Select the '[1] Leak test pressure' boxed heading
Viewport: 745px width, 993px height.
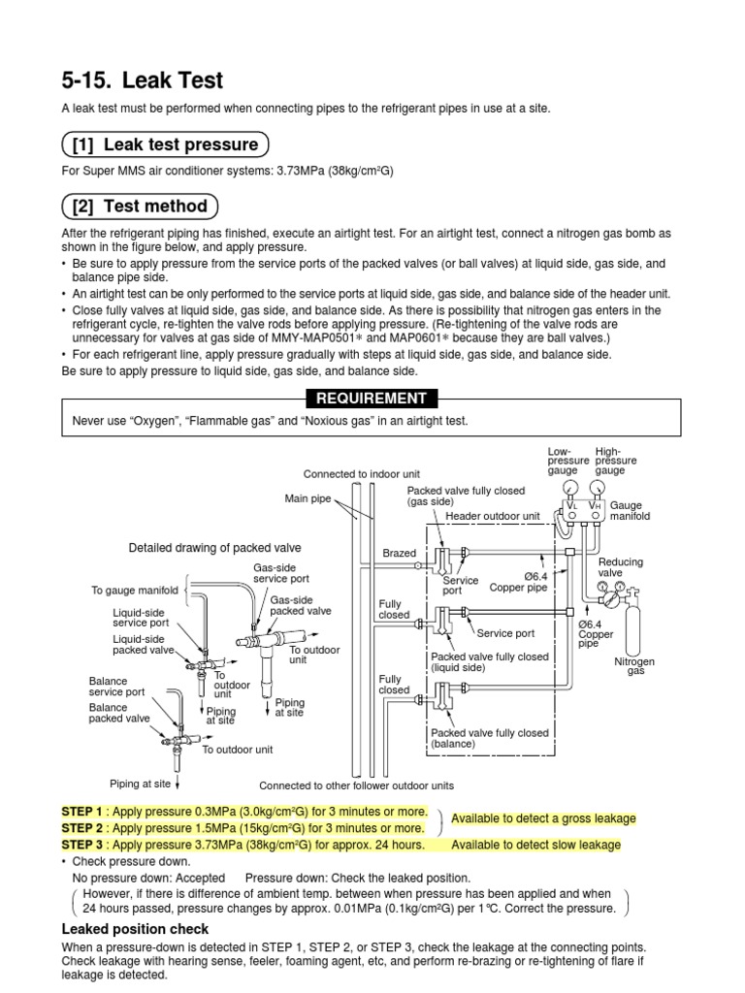[x=165, y=145]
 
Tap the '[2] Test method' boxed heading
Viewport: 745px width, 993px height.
[x=141, y=206]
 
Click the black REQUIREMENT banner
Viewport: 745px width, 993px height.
[x=372, y=398]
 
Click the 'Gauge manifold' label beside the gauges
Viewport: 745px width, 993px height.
[x=630, y=511]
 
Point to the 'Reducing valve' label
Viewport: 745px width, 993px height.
[x=620, y=567]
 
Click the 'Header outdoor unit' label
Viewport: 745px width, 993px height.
[x=492, y=517]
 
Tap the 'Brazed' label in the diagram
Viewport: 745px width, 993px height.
[x=398, y=554]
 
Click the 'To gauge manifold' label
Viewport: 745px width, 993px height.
[x=135, y=590]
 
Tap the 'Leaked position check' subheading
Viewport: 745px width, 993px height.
[x=135, y=930]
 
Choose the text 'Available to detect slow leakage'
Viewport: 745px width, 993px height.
[x=535, y=845]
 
